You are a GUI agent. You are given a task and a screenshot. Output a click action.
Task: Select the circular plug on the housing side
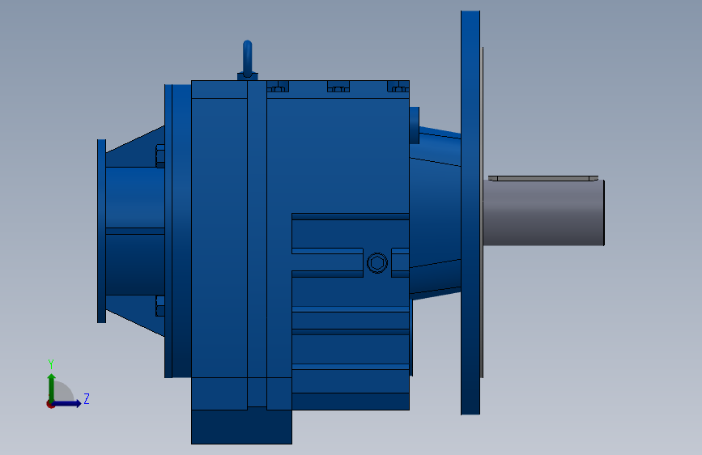[x=377, y=263]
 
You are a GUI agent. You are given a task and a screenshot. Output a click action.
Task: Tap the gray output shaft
[x=543, y=212]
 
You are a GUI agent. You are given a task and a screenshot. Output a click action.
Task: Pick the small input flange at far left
[x=101, y=231]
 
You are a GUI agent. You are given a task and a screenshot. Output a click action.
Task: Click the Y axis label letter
[x=50, y=364]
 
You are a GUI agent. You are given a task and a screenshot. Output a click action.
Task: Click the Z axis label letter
[x=86, y=398]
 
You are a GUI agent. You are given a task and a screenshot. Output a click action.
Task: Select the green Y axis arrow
[x=51, y=384]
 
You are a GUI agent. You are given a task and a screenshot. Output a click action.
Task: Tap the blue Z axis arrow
[x=70, y=403]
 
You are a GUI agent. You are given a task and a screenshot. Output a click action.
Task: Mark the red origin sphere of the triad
[x=50, y=403]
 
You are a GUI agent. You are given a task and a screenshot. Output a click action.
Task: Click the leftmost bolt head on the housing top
[x=278, y=86]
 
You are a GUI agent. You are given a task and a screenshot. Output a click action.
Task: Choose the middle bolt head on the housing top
[x=337, y=86]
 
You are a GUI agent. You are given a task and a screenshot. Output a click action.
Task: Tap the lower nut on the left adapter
[x=160, y=306]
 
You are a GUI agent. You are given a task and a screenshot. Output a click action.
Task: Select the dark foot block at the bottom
[x=240, y=427]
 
